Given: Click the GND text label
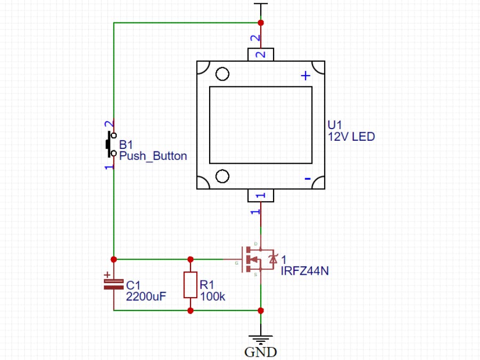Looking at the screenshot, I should click(x=261, y=352).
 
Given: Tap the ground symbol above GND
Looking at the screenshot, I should click(x=261, y=340).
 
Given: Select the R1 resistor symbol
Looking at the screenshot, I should click(x=190, y=285).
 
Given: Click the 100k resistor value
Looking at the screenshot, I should click(x=212, y=297).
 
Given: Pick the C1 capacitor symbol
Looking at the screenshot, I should click(x=113, y=284).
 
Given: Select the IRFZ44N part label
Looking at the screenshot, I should click(x=305, y=271).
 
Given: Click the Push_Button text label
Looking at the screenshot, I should click(x=153, y=156).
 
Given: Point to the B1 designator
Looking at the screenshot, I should click(x=126, y=145).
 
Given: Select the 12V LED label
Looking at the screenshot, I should click(x=351, y=137).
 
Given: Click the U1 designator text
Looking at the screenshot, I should click(x=334, y=125).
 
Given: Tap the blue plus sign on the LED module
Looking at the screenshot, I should click(x=306, y=76).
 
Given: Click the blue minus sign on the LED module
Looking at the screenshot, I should click(x=307, y=179).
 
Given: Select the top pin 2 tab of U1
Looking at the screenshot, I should click(x=261, y=54).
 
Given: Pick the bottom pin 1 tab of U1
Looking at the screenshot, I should click(x=261, y=196).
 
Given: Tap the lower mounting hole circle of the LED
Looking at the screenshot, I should click(x=222, y=176).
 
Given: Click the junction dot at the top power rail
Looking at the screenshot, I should click(x=261, y=23).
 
